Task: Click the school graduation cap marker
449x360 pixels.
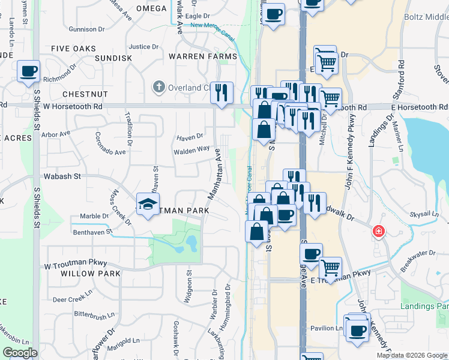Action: click(x=148, y=205)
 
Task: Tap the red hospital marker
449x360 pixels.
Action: click(x=378, y=231)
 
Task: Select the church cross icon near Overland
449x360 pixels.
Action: click(x=159, y=88)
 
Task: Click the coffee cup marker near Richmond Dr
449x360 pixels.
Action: click(x=28, y=72)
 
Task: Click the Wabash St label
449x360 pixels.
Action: click(x=62, y=176)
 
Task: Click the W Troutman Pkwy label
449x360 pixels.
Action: click(x=75, y=263)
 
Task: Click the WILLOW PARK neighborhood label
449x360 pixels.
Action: click(x=90, y=273)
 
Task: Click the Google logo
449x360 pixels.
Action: click(x=20, y=353)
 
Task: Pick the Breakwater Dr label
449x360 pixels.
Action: click(x=418, y=260)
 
